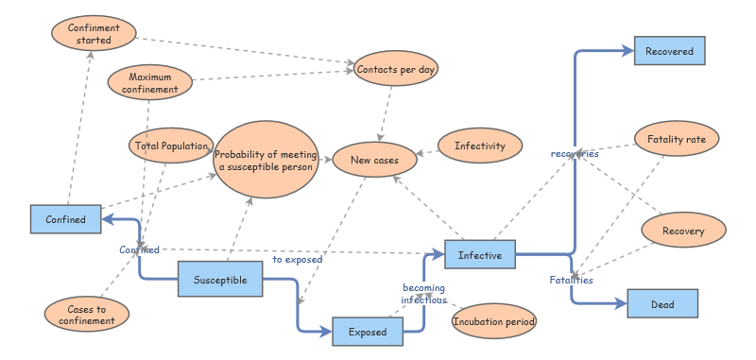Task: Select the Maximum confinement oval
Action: pyautogui.click(x=149, y=83)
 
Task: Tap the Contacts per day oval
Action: pyautogui.click(x=396, y=69)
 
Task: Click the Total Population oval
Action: pyautogui.click(x=170, y=146)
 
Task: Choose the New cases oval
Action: pyautogui.click(x=374, y=161)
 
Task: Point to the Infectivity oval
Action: pyautogui.click(x=480, y=146)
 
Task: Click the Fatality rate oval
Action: pyautogui.click(x=677, y=140)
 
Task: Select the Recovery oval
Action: pyautogui.click(x=683, y=231)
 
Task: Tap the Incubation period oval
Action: pyautogui.click(x=494, y=322)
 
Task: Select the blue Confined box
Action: pyautogui.click(x=65, y=219)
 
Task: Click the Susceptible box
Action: pyautogui.click(x=220, y=280)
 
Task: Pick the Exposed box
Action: pyautogui.click(x=368, y=333)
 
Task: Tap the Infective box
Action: pyautogui.click(x=480, y=255)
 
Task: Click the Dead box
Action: pyautogui.click(x=662, y=304)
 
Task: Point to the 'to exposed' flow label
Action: pyautogui.click(x=298, y=258)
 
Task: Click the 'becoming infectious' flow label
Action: pyautogui.click(x=423, y=293)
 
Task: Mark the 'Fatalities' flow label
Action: pyautogui.click(x=572, y=280)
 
